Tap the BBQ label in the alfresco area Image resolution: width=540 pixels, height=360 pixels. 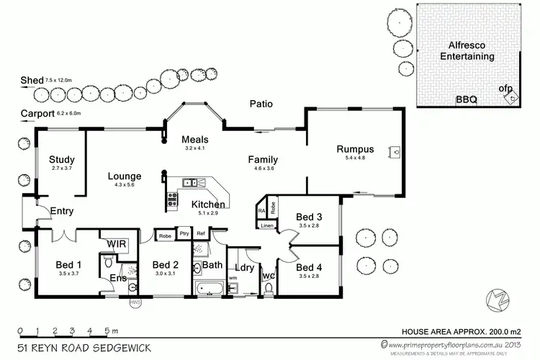466,101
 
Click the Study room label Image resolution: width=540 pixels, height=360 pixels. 63,159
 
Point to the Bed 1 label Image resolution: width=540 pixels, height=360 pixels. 68,264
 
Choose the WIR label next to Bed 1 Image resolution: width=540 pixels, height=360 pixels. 117,245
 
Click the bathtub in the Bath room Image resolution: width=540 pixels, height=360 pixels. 208,289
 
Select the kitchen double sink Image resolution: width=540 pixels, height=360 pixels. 189,182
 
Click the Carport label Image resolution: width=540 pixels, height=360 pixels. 37,113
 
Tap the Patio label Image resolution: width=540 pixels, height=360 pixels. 261,104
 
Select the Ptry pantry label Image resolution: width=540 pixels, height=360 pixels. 184,234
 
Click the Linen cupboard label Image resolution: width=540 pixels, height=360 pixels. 266,225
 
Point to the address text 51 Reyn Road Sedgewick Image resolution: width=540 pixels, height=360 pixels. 83,348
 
